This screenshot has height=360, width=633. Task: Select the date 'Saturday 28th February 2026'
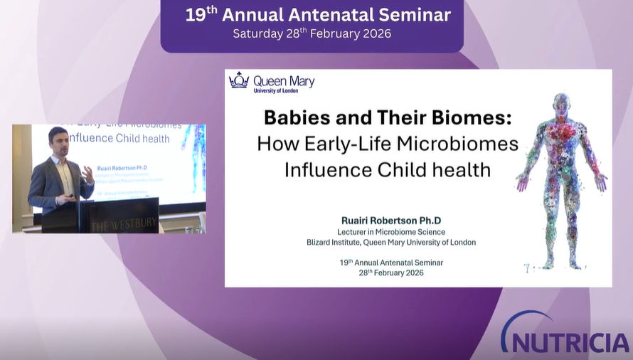(x=313, y=33)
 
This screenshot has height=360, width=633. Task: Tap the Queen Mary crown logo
(x=238, y=80)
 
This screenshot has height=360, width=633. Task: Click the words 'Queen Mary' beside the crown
(x=284, y=80)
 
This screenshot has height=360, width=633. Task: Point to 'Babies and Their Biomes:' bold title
(x=388, y=117)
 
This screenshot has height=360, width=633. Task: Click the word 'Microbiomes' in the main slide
(x=458, y=143)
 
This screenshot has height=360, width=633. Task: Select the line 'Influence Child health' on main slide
(x=388, y=169)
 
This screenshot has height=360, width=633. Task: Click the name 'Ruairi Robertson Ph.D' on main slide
(x=388, y=221)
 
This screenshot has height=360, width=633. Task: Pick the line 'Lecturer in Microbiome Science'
(x=390, y=232)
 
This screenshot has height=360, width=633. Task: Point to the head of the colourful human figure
(x=562, y=104)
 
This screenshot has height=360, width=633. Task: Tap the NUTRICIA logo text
(x=569, y=340)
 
